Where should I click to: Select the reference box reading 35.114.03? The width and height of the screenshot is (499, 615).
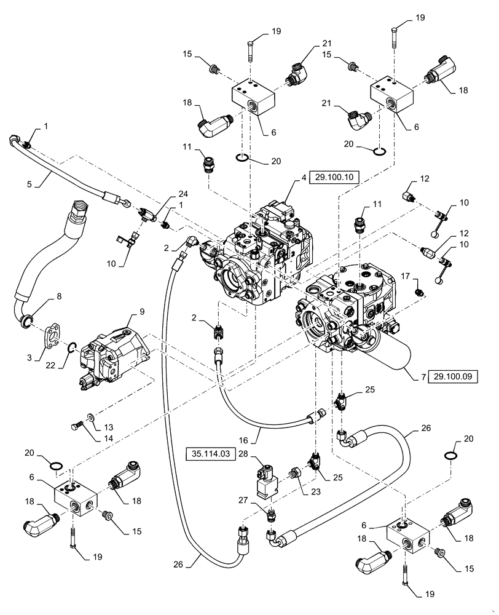tap(208, 454)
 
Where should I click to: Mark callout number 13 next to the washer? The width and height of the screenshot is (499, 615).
tap(108, 427)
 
